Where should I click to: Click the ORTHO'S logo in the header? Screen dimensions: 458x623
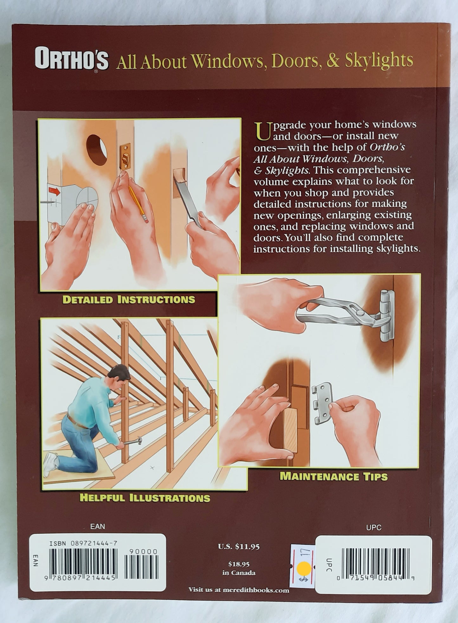point(72,59)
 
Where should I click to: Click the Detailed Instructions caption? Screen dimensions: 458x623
point(129,299)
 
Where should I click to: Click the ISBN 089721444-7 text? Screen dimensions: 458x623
point(83,543)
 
